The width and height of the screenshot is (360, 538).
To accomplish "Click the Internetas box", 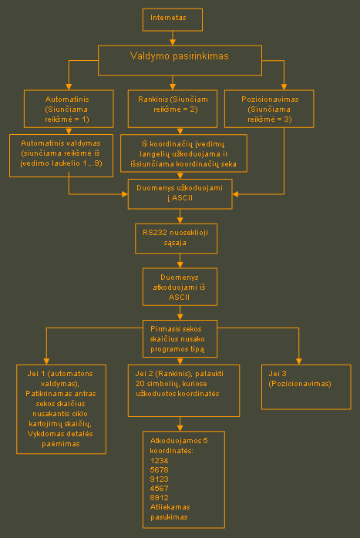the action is tap(173, 20).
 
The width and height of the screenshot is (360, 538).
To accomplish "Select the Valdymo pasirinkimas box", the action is tap(180, 60).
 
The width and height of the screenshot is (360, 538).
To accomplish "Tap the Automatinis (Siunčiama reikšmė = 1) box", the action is tap(69, 109).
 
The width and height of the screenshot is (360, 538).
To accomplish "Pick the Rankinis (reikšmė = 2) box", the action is tap(173, 109).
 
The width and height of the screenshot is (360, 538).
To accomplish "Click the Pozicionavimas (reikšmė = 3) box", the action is tap(269, 109).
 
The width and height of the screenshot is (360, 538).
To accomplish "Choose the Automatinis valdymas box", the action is tap(61, 156).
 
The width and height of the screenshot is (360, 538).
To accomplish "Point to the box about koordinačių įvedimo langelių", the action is tap(183, 153).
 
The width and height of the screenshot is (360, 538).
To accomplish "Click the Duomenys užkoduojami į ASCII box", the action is tap(180, 194).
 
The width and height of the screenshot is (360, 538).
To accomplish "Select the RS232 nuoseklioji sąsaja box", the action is tap(176, 238).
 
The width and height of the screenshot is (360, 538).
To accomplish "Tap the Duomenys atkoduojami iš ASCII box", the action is tap(180, 287).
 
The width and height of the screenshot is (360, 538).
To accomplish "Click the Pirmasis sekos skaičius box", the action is tap(180, 338).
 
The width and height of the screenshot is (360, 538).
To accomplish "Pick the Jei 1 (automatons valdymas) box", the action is tap(61, 409).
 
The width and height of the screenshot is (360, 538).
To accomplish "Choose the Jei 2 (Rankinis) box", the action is tap(183, 391).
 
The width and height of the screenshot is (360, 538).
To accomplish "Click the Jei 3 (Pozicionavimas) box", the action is tap(306, 387).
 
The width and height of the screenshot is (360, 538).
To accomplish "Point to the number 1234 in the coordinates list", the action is tap(159, 460).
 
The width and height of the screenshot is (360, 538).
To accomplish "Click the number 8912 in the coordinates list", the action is tap(159, 497).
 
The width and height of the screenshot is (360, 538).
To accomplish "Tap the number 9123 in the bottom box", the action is tap(159, 479).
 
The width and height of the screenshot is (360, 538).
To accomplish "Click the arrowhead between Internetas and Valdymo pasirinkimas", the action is tap(173, 42).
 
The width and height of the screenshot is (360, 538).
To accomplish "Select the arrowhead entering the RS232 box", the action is tap(180, 220).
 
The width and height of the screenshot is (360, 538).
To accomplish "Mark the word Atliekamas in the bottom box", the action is tap(170, 506).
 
